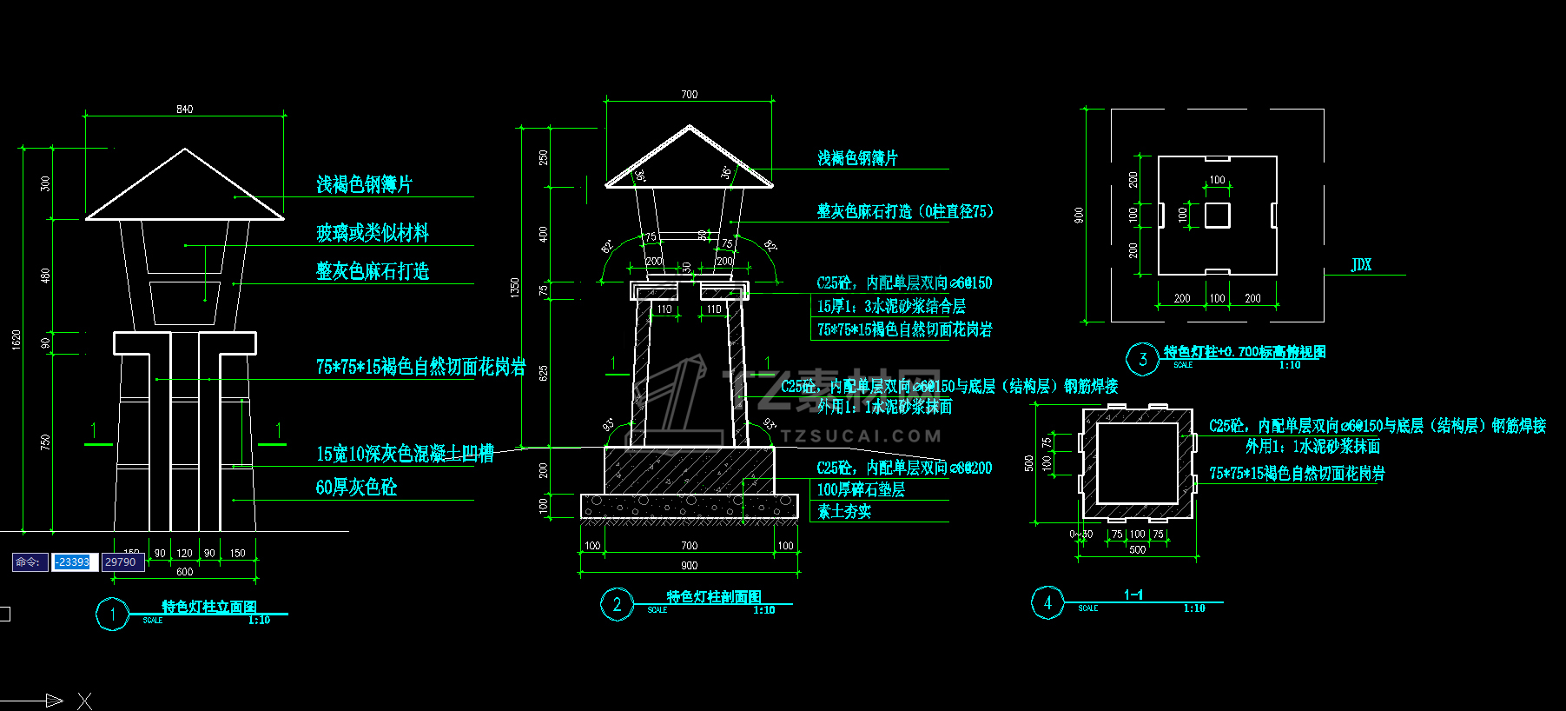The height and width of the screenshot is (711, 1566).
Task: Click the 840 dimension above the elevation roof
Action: [184, 110]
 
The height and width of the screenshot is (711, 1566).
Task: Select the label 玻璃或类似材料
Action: [373, 233]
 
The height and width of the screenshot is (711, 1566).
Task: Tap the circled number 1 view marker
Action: [112, 615]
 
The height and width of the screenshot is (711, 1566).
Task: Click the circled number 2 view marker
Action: [617, 605]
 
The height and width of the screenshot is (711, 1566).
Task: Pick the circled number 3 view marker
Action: [1142, 359]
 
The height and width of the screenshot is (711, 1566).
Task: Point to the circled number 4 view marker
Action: [1047, 602]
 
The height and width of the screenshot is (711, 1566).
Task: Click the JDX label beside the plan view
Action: [1361, 265]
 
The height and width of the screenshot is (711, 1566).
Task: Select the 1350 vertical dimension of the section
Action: [515, 287]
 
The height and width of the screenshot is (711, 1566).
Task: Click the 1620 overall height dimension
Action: [17, 340]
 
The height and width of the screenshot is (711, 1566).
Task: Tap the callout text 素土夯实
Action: [843, 512]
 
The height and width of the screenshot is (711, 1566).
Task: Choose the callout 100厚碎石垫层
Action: [861, 490]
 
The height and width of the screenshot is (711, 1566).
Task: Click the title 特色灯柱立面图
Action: [209, 607]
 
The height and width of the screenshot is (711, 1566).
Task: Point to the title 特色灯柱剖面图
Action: [714, 597]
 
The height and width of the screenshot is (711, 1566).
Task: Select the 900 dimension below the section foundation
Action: [689, 566]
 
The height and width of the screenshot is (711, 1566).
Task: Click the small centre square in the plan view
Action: [1217, 215]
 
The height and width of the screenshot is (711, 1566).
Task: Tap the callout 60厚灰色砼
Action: [356, 488]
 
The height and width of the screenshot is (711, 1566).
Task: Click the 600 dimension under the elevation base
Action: [184, 572]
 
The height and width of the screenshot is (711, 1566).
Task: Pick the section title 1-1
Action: [1133, 595]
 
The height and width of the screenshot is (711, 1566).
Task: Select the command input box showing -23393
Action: [74, 562]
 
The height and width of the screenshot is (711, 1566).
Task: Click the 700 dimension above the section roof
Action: [689, 95]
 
